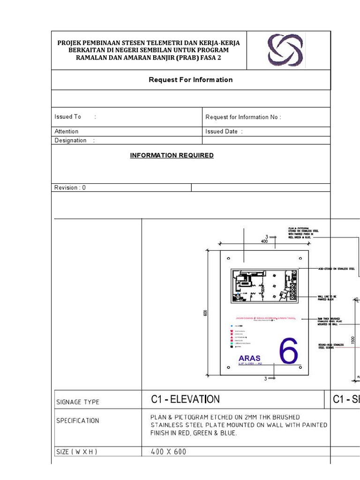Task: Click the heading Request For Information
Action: [190, 80]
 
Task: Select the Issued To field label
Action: [68, 117]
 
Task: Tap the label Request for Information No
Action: [243, 117]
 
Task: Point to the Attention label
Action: [67, 131]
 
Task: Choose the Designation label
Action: [71, 140]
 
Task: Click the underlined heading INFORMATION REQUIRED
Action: [172, 155]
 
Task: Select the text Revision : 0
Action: [70, 187]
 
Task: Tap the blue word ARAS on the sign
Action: [249, 359]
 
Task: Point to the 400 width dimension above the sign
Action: [264, 242]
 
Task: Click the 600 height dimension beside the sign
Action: [205, 313]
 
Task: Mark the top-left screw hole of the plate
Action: [228, 258]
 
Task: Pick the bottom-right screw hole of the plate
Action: [300, 367]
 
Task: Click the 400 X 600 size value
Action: [168, 452]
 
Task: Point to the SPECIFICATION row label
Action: [78, 420]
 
